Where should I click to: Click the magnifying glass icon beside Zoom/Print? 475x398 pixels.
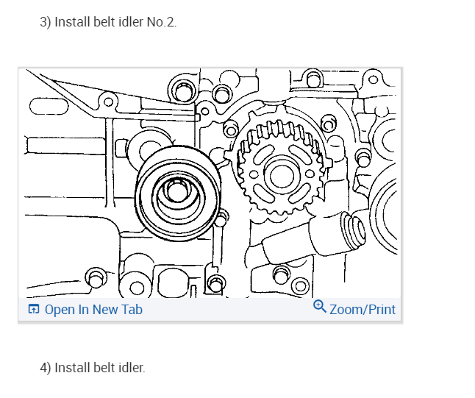coord(320,307)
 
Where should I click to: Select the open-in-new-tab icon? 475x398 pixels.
coord(34,309)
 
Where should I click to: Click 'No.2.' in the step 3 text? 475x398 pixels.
coord(162,22)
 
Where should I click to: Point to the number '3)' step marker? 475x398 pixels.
coord(45,22)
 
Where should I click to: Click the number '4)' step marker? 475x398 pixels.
coord(45,368)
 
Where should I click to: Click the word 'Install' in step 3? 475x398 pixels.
coord(72,22)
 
